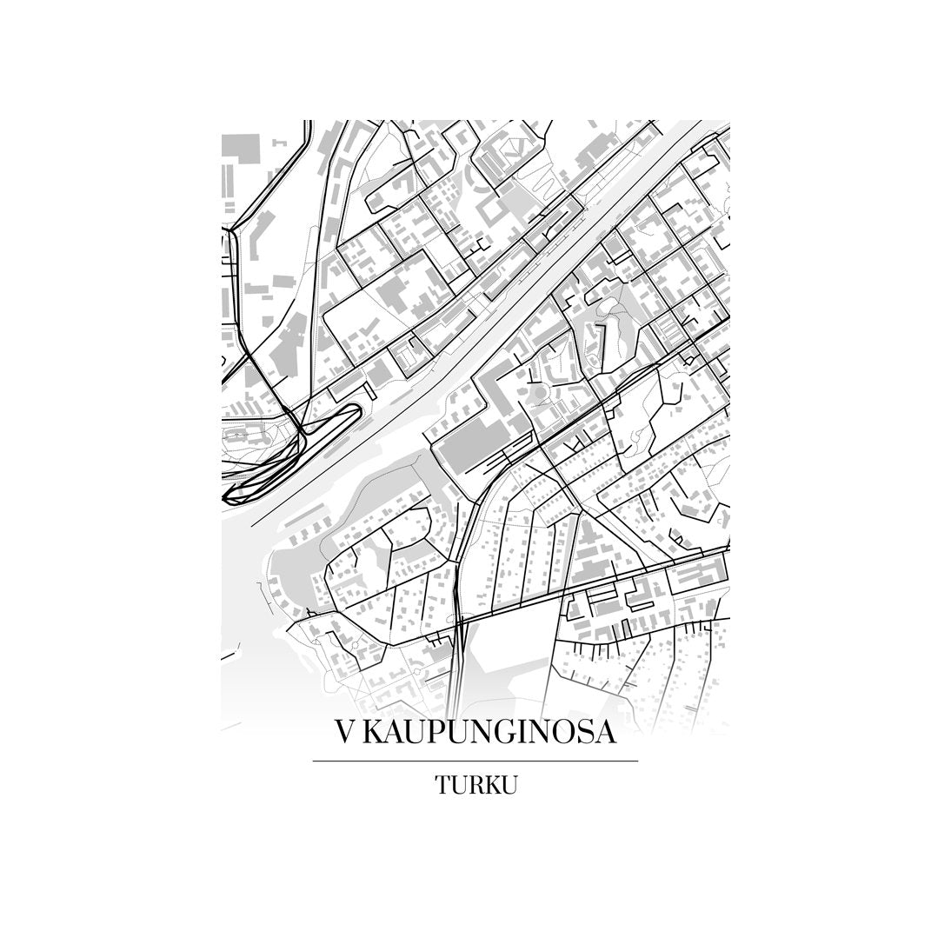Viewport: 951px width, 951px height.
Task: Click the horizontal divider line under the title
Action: pos(475,761)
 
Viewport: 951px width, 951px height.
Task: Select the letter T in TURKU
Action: pos(442,786)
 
